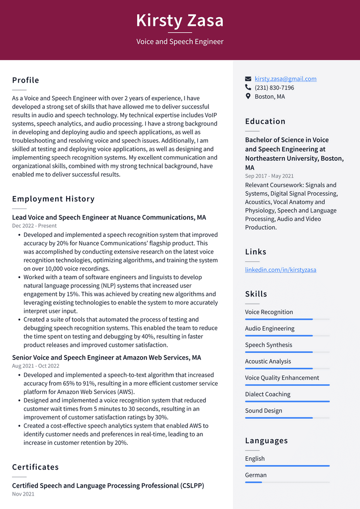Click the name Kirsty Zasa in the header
pos(180,21)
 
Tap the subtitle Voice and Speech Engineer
pos(180,42)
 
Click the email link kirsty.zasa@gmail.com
pos(285,79)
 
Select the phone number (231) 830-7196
pos(274,88)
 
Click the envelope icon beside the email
pos(248,79)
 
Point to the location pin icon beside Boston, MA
pos(248,97)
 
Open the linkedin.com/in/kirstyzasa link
pos(280,270)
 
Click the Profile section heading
pos(25,80)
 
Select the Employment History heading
pos(53,199)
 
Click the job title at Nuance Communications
pos(109,217)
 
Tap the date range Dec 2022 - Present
pos(34,226)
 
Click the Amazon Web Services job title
pos(106,358)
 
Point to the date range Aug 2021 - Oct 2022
pos(35,366)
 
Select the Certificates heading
pos(35,467)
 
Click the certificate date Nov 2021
pos(23,494)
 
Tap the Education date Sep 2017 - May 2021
pos(269,176)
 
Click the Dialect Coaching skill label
pos(268,394)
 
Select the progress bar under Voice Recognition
pos(287,319)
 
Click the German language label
pos(256,475)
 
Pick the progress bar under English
pos(287,466)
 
